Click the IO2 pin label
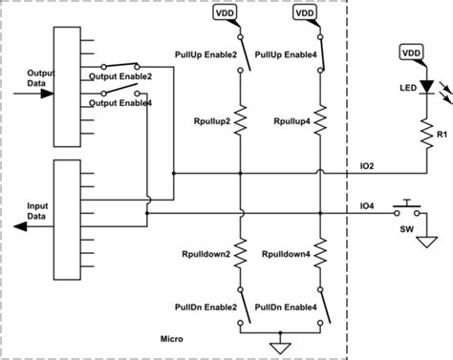point(366,166)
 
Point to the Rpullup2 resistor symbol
point(242,122)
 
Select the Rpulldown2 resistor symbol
point(242,256)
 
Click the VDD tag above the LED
point(409,52)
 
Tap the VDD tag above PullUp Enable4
point(305,14)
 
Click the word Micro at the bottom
point(173,340)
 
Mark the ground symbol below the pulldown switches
point(281,346)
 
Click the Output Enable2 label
point(120,75)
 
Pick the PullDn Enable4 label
point(288,307)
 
